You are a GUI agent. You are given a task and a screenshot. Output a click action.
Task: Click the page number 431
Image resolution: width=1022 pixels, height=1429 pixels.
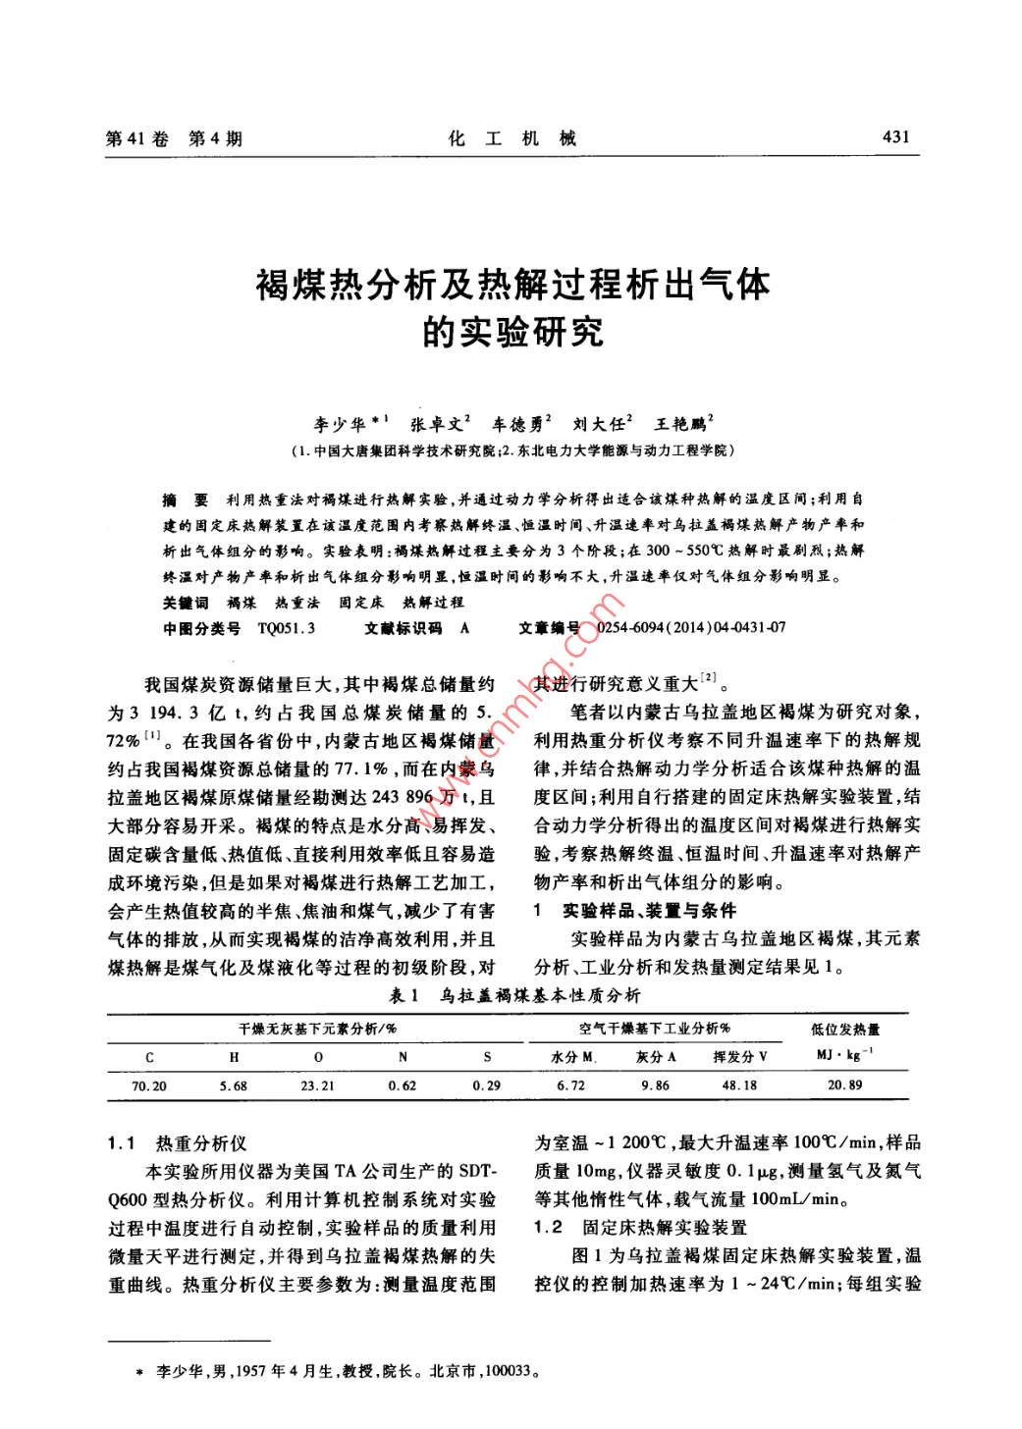pyautogui.click(x=896, y=136)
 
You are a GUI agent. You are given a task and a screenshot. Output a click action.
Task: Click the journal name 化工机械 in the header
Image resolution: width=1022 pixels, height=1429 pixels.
pyautogui.click(x=511, y=138)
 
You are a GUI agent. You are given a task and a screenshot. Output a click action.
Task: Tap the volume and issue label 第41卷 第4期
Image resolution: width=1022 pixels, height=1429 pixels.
pyautogui.click(x=173, y=138)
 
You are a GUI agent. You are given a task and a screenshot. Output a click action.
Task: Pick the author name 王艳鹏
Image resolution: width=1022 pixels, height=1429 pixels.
pyautogui.click(x=679, y=424)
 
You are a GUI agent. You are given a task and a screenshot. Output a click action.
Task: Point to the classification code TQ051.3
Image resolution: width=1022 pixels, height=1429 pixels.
pyautogui.click(x=286, y=628)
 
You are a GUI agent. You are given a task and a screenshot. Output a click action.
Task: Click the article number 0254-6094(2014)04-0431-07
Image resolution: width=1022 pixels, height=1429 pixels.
pyautogui.click(x=690, y=628)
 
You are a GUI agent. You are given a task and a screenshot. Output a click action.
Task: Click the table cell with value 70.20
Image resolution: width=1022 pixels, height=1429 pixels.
pyautogui.click(x=149, y=1085)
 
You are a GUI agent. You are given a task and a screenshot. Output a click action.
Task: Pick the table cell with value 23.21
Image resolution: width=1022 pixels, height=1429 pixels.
pyautogui.click(x=317, y=1085)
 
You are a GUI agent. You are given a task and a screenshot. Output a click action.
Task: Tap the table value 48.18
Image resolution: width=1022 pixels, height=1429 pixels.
pyautogui.click(x=739, y=1085)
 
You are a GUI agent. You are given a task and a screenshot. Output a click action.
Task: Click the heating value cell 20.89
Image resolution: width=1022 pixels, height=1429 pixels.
pyautogui.click(x=844, y=1085)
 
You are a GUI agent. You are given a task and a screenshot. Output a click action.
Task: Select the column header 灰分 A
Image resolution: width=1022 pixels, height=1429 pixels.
pyautogui.click(x=656, y=1057)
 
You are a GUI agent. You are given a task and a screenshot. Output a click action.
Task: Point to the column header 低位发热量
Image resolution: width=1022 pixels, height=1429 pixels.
pyautogui.click(x=845, y=1029)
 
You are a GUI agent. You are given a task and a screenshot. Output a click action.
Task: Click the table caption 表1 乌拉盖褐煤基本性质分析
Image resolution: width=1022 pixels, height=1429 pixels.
pyautogui.click(x=513, y=996)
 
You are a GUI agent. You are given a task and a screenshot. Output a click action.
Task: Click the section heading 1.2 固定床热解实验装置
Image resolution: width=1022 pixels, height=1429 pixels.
pyautogui.click(x=640, y=1227)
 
